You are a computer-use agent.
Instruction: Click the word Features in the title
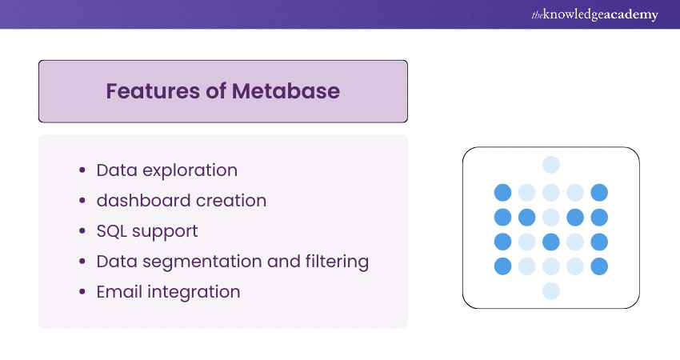pyautogui.click(x=146, y=91)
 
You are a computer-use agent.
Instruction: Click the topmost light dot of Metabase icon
pyautogui.click(x=551, y=165)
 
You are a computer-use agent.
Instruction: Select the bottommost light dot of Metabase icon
pyautogui.click(x=551, y=291)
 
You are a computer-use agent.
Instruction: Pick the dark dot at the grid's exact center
pyautogui.click(x=551, y=242)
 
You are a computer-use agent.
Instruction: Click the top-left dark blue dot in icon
pyautogui.click(x=502, y=192)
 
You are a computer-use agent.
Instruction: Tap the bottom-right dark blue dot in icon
pyautogui.click(x=599, y=266)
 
